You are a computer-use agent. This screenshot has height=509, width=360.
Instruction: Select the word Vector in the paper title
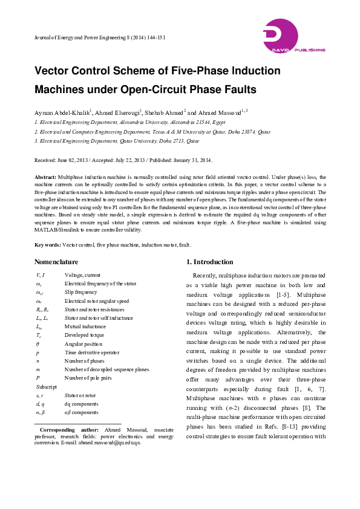tap(59, 71)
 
